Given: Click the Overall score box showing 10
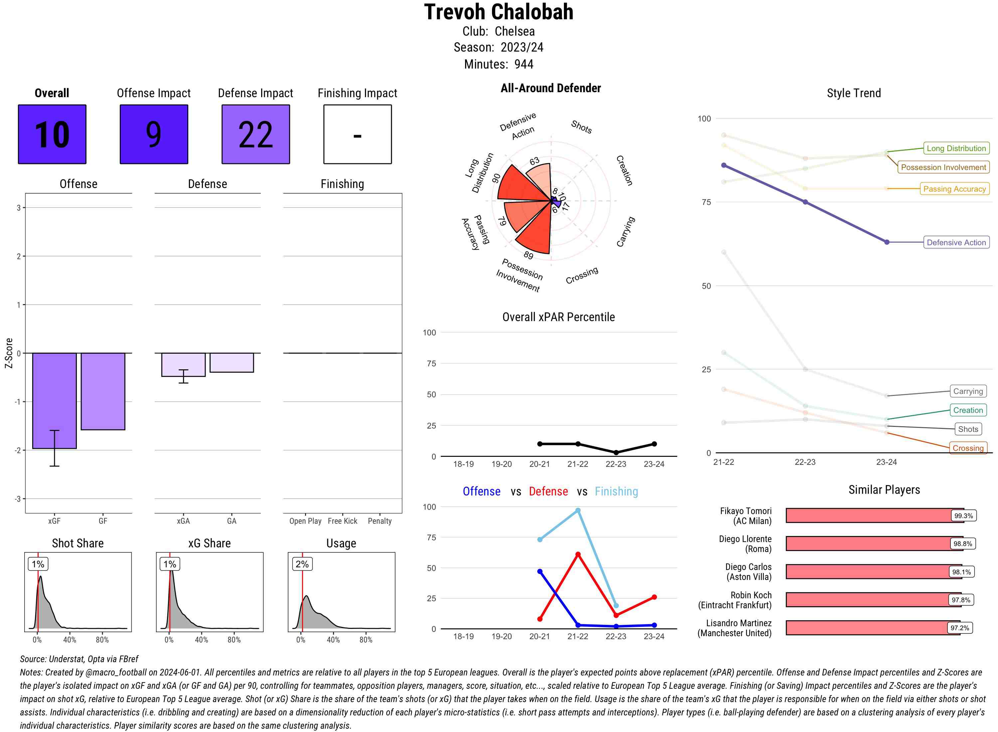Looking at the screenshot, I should (52, 134).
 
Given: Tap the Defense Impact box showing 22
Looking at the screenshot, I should (255, 134).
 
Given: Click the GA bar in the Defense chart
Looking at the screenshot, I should (232, 362).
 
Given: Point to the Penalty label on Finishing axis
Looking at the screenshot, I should (380, 521).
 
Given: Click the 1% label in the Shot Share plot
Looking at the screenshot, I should (38, 564).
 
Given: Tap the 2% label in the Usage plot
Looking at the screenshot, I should (302, 564).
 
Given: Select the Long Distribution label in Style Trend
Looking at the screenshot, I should (956, 148).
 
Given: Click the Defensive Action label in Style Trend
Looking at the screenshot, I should (956, 242).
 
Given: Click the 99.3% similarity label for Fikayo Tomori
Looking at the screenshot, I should (963, 516).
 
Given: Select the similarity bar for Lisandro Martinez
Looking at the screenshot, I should (872, 628).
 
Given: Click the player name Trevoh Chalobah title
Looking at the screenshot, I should (498, 12).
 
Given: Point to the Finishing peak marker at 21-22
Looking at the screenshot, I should (578, 510).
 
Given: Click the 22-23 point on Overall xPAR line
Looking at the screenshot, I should (616, 453).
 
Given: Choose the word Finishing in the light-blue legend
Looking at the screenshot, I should (616, 491).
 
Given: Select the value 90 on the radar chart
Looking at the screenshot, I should (496, 178).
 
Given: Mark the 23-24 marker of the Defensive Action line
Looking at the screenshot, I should (886, 242).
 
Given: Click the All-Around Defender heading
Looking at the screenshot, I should (551, 88).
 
